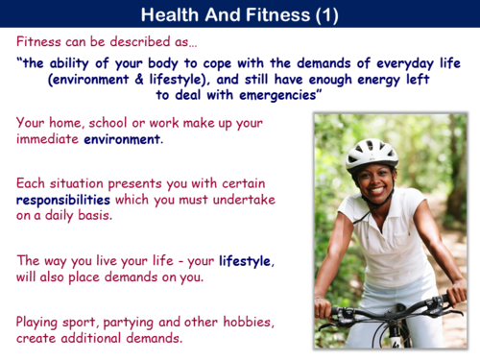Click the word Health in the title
click(x=171, y=15)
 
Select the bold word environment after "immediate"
click(x=123, y=140)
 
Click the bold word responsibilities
click(x=62, y=200)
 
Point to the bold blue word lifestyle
click(x=245, y=260)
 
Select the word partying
click(x=123, y=322)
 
